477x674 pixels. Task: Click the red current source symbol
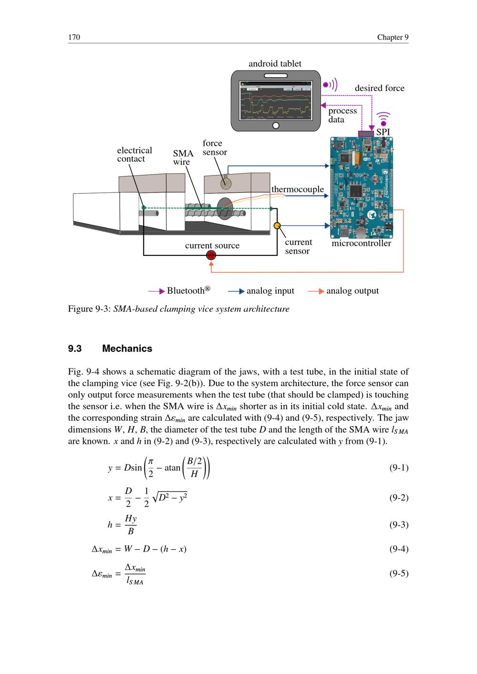coord(211,255)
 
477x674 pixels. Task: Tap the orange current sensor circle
coord(277,225)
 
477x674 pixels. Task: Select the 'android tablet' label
coord(275,64)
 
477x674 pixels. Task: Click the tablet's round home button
coord(275,126)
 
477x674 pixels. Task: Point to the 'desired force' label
coord(379,88)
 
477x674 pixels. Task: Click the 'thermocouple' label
coord(298,189)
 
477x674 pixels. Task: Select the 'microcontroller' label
coord(361,244)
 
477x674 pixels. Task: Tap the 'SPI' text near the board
coord(383,132)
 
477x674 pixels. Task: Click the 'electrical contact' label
coord(134,154)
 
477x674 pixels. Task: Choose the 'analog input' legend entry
coord(270,291)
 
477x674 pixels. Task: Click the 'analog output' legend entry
coord(352,291)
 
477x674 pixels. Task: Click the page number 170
coord(74,37)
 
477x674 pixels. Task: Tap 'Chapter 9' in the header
coord(393,37)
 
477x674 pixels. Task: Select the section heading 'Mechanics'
coord(127,348)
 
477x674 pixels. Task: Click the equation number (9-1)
coord(399,468)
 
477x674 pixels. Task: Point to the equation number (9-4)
coord(399,549)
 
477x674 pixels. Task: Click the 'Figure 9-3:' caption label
coord(89,309)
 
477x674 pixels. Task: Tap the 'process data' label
coord(342,115)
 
